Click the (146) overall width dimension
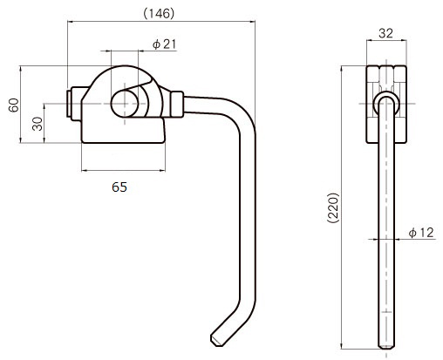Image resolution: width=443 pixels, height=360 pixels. (x=159, y=14)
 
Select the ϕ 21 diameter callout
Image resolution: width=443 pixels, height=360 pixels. (x=164, y=44)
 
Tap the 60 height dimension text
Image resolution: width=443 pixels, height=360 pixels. (x=14, y=105)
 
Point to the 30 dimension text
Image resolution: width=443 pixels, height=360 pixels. (x=37, y=124)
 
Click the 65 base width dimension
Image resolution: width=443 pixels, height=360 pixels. (x=119, y=187)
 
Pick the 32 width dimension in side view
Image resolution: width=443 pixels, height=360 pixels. (x=385, y=33)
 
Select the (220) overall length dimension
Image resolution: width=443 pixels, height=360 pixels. (x=333, y=207)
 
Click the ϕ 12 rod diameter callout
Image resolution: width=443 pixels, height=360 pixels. (x=421, y=233)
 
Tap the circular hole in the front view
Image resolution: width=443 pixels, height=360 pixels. (x=125, y=104)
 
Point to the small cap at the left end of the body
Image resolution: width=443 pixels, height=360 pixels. (x=69, y=104)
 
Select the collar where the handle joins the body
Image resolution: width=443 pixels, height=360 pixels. (x=177, y=105)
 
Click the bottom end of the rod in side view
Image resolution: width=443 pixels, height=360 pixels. (x=386, y=347)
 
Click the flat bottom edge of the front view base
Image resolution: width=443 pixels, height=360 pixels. (x=123, y=143)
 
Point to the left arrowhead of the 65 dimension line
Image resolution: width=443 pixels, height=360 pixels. (x=85, y=171)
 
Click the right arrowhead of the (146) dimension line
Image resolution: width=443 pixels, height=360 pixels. (x=252, y=21)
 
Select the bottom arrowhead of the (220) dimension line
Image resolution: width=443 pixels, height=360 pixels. (x=342, y=346)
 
